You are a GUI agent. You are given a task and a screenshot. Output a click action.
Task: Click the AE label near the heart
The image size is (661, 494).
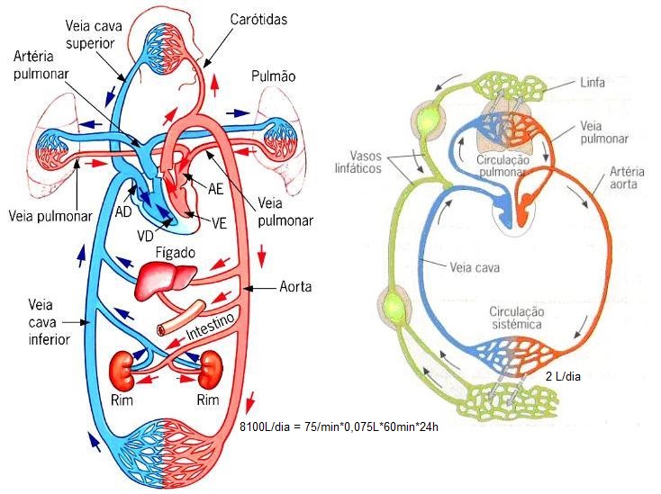pos(216,190)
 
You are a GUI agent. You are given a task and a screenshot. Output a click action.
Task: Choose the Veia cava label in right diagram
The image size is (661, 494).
pos(476,266)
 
